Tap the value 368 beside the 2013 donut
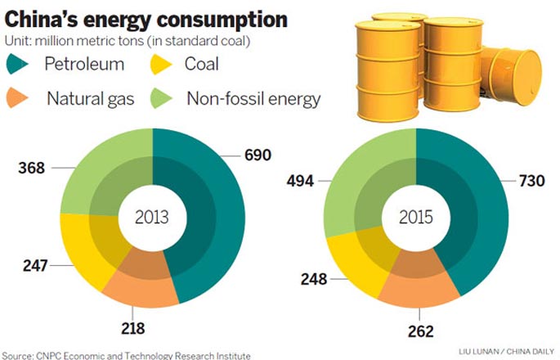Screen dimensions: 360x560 [x=30, y=168]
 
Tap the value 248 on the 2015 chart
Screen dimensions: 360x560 [x=313, y=279]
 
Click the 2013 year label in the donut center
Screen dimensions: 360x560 [x=152, y=218]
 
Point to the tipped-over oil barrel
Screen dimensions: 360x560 [x=510, y=78]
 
